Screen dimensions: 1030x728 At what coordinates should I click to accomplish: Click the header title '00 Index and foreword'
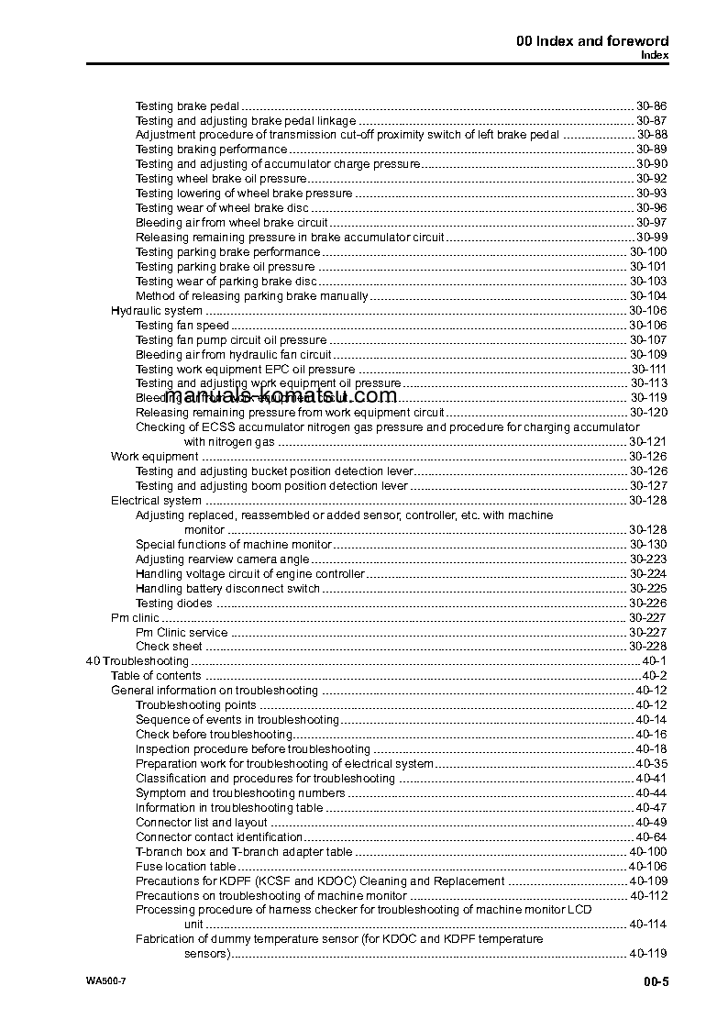[x=592, y=40]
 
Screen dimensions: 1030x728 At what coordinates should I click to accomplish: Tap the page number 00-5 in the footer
[x=655, y=982]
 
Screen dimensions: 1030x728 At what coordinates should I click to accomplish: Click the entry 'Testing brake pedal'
[x=187, y=106]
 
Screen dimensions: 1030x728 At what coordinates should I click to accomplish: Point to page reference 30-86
[x=651, y=106]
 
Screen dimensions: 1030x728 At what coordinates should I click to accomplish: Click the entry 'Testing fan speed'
[x=182, y=326]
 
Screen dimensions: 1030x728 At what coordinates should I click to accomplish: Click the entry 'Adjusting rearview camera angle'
[x=222, y=559]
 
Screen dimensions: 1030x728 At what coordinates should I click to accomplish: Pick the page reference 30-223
[x=647, y=559]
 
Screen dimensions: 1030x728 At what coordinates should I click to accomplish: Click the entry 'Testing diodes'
[x=173, y=604]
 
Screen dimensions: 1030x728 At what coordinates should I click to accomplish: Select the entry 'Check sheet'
[x=168, y=647]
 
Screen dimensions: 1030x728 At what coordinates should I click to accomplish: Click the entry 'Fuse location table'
[x=185, y=867]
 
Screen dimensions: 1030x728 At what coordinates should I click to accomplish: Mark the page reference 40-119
[x=647, y=954]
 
